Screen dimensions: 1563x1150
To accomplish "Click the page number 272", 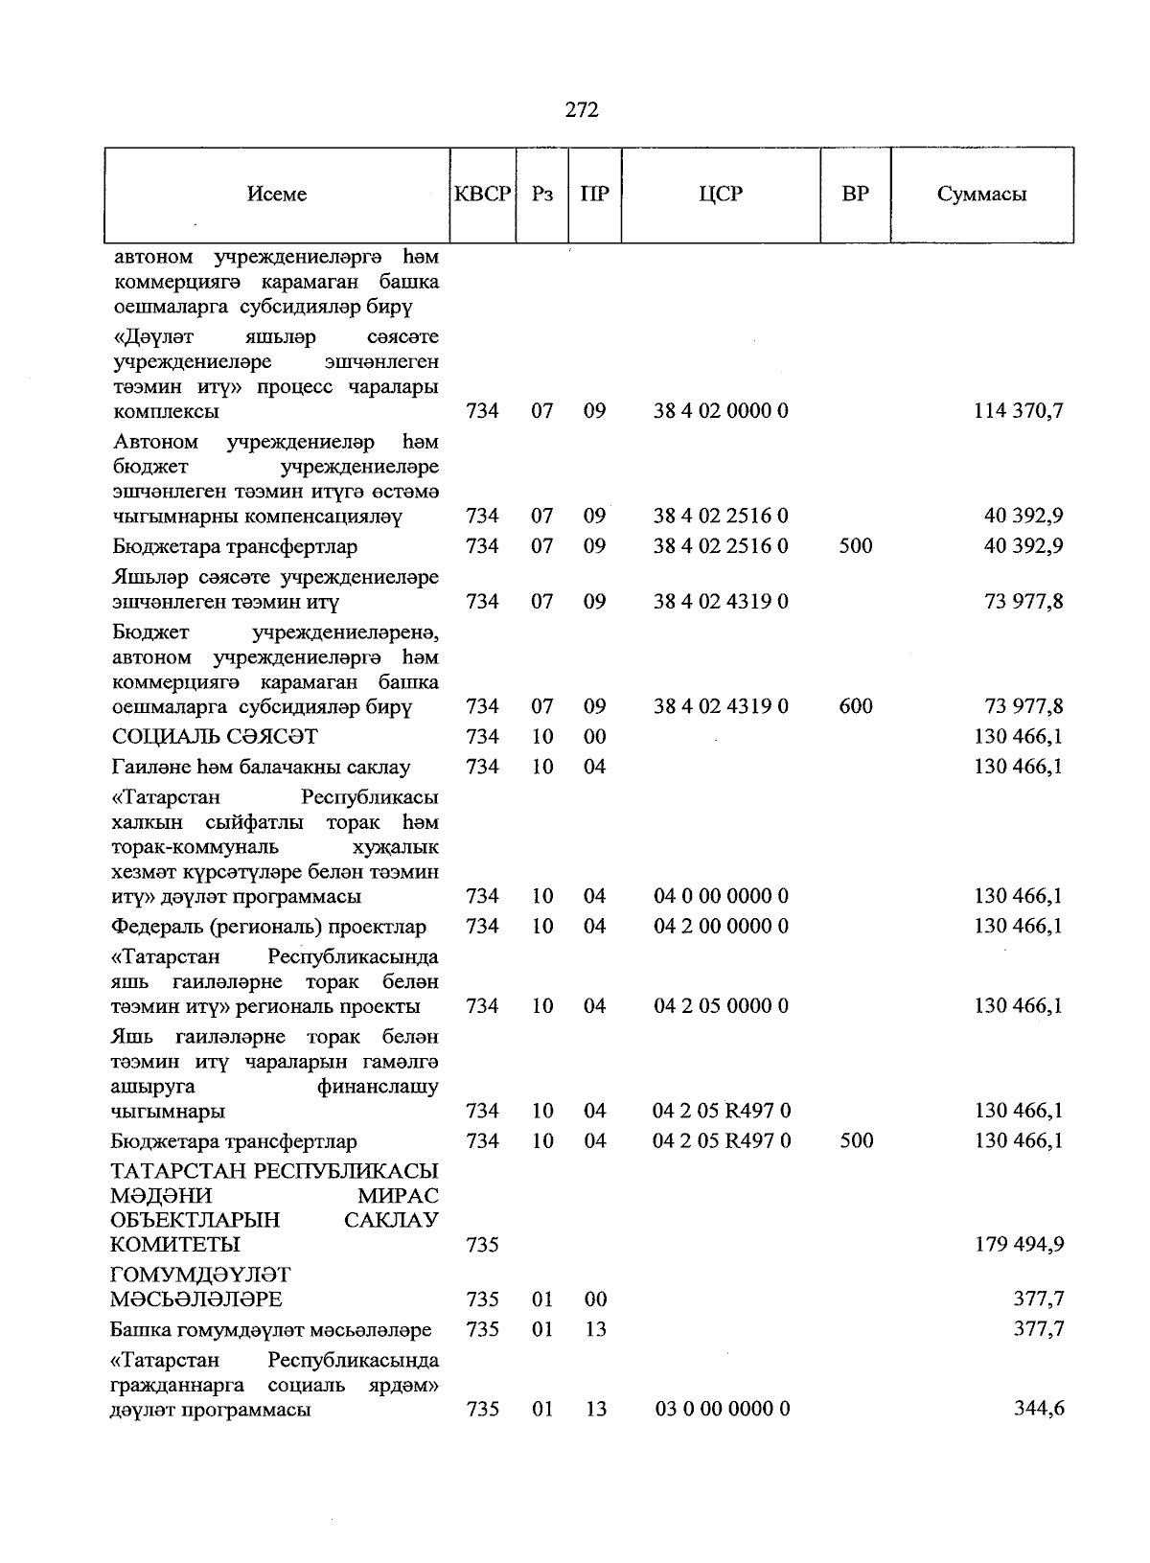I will pos(582,109).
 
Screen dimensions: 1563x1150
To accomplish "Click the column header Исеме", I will pos(276,194).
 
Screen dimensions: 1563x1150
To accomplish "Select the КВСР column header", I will pos(482,194).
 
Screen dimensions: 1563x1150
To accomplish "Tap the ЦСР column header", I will pos(721,194).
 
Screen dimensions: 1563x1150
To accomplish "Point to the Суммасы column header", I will pos(981,194).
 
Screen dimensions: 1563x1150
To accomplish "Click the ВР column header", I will pos(855,194).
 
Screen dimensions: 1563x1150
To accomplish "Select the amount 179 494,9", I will pos(1019,1245).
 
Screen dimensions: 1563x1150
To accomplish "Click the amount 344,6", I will pos(1039,1410).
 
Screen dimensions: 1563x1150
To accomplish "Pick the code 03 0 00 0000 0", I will pos(722,1410).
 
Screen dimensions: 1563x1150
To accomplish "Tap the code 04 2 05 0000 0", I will pos(721,1006).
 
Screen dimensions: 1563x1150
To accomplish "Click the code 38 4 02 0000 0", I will pos(721,411).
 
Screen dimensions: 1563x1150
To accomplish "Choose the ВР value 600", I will pos(855,706).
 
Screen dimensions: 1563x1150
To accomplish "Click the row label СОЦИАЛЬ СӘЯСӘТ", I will pos(215,737).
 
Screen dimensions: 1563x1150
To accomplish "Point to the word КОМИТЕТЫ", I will pos(175,1245).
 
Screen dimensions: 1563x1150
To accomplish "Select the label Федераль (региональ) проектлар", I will pos(269,927).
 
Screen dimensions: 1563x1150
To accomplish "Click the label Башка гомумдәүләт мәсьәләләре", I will pos(271,1330).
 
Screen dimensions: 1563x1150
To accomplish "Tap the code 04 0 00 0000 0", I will pos(721,896).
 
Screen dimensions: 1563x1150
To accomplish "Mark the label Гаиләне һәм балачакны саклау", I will pos(261,768).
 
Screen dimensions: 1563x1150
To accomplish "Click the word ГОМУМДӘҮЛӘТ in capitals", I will pos(199,1276).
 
